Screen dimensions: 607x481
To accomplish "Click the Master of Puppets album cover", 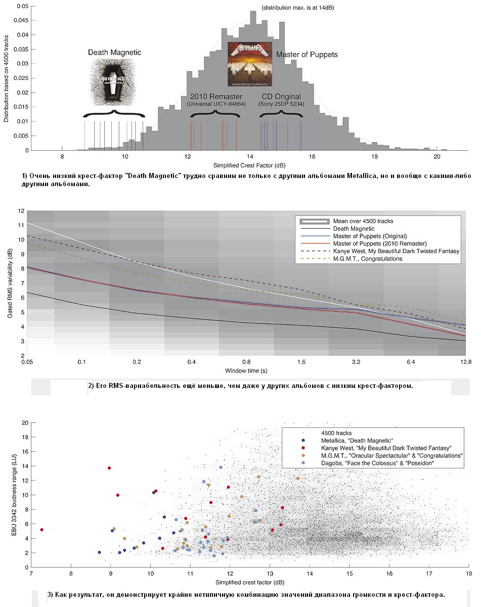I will (x=248, y=64).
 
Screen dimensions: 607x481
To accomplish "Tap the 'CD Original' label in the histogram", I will (x=281, y=97).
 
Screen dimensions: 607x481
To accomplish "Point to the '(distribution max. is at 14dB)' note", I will (x=298, y=8).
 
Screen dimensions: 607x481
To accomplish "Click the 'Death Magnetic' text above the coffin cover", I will (x=115, y=53).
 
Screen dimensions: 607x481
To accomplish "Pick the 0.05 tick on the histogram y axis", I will (x=22, y=6).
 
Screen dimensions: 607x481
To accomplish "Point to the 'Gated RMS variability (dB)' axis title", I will (x=10, y=283).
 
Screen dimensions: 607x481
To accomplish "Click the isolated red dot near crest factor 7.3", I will (x=41, y=530).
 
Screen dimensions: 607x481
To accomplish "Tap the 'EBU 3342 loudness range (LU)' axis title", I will (x=10, y=494).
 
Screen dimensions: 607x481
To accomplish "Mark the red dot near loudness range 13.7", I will (x=109, y=468).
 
